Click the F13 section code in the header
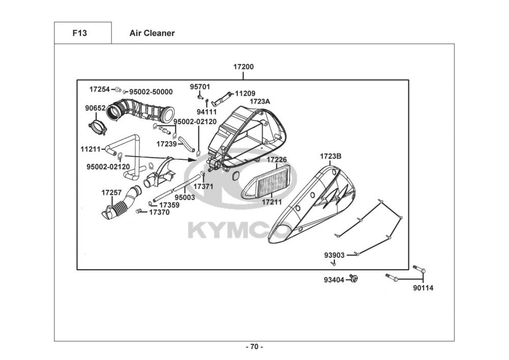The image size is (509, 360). pyautogui.click(x=80, y=34)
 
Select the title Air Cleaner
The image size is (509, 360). pyautogui.click(x=152, y=34)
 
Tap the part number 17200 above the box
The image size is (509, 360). pyautogui.click(x=243, y=67)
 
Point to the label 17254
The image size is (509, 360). pyautogui.click(x=99, y=89)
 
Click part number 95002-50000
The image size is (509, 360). pyautogui.click(x=151, y=92)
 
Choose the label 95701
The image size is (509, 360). pyautogui.click(x=200, y=87)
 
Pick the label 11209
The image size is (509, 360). pyautogui.click(x=245, y=94)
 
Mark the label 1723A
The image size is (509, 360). pyautogui.click(x=260, y=101)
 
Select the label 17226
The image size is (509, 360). pyautogui.click(x=277, y=159)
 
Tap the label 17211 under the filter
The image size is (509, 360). pyautogui.click(x=272, y=202)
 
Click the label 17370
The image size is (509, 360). pyautogui.click(x=159, y=212)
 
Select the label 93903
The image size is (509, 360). pyautogui.click(x=334, y=255)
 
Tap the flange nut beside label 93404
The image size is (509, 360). pyautogui.click(x=355, y=279)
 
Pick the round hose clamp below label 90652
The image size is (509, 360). pyautogui.click(x=96, y=126)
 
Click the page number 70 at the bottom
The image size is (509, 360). pyautogui.click(x=254, y=347)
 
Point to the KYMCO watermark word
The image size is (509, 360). pyautogui.click(x=239, y=229)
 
